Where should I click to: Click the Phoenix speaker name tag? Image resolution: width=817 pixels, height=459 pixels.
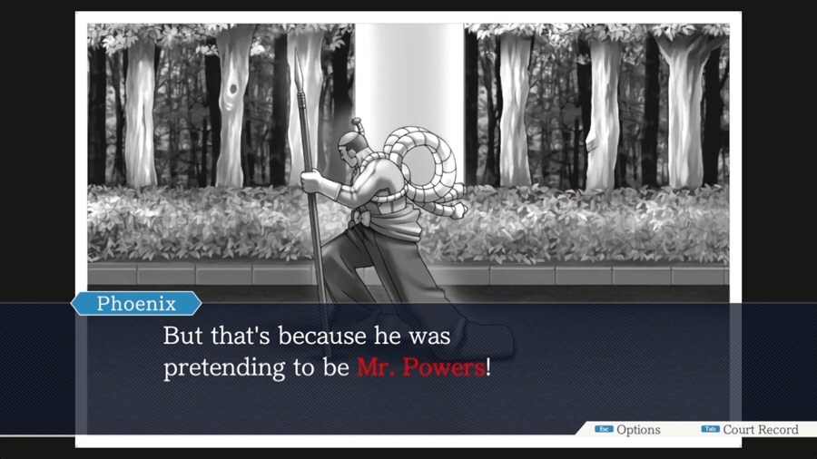point(136,303)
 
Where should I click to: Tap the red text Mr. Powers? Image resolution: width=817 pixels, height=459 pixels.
point(421,367)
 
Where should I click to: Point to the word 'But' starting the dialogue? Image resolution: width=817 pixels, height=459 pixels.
point(184,336)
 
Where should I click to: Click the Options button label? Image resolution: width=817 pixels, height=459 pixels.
point(638,430)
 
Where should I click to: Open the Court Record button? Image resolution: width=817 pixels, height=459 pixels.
point(760,430)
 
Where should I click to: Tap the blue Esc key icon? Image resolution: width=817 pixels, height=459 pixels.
point(604,429)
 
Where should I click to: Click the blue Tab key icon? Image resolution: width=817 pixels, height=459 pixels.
point(710,429)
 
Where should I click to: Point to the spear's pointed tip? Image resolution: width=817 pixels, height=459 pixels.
point(298,51)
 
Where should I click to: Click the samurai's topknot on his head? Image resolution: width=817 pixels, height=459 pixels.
point(358,125)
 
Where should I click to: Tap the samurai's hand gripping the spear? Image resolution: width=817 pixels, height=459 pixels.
point(312,181)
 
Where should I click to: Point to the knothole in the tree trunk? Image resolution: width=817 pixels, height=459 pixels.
point(233,90)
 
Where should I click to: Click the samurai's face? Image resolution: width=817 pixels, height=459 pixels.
point(344,153)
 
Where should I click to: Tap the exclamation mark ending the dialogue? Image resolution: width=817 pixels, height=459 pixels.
point(488,367)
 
